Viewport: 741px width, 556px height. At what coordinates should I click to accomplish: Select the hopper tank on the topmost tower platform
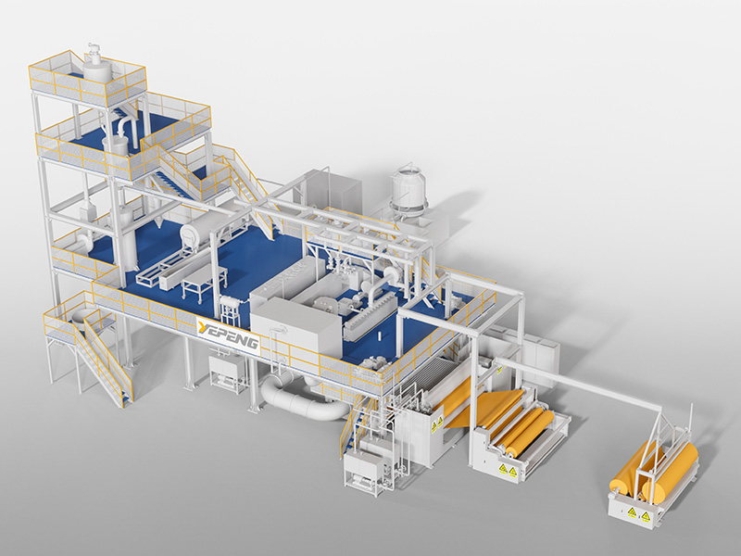94,67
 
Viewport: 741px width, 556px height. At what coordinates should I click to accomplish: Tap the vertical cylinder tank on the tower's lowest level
126,236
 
